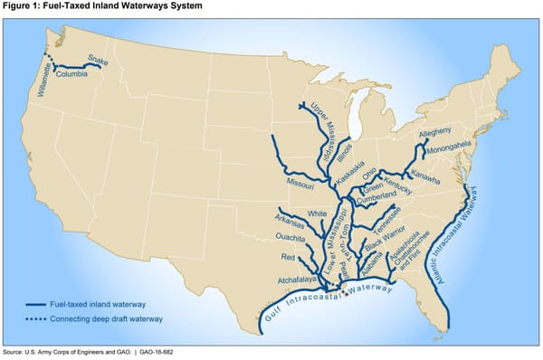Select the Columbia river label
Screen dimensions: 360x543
pos(71,75)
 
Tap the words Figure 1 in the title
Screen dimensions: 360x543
pos(21,6)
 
